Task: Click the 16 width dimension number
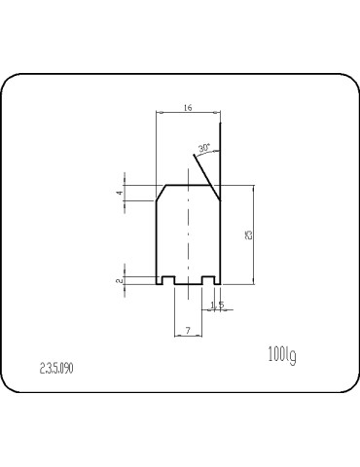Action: click(187, 109)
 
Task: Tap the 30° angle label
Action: click(203, 148)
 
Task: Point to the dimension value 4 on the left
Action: click(121, 194)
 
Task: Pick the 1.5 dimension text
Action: click(217, 305)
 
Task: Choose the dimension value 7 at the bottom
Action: click(187, 331)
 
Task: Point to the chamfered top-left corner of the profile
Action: click(162, 193)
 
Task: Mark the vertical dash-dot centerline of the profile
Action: click(188, 238)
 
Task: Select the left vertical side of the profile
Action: click(158, 238)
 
